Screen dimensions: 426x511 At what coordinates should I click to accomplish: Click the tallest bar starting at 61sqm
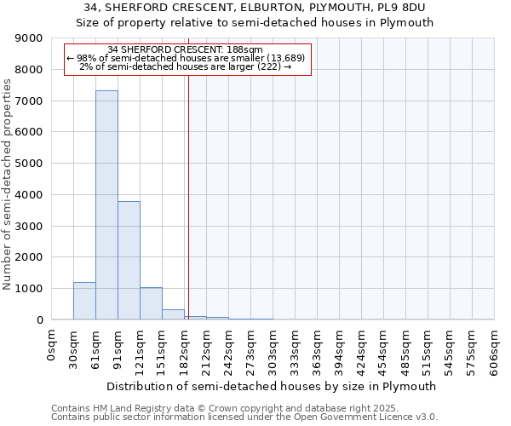(106, 204)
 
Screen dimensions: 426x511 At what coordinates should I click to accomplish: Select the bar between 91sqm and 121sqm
(129, 260)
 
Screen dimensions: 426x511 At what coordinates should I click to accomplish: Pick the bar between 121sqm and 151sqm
(151, 303)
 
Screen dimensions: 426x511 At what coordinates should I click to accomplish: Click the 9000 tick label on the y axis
(29, 38)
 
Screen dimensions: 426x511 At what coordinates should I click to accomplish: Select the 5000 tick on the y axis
(29, 164)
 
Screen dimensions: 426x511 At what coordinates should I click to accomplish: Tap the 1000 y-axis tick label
(29, 289)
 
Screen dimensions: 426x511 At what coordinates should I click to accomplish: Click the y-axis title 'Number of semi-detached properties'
(9, 183)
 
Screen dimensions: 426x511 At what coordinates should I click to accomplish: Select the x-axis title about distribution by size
(273, 386)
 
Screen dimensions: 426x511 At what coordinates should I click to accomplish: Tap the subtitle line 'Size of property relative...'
(255, 23)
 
